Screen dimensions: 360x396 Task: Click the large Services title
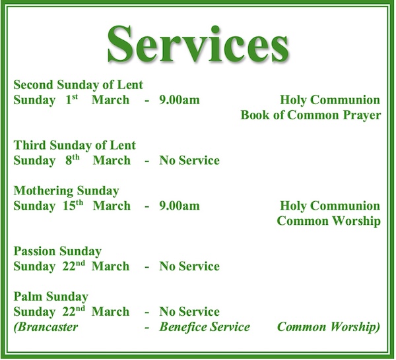click(198, 45)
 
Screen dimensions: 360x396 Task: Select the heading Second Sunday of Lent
click(79, 85)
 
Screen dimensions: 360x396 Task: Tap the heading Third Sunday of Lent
click(75, 146)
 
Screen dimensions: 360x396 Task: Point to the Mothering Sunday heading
click(66, 191)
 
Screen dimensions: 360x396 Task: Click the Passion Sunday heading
click(57, 251)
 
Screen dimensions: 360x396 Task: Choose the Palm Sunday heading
click(51, 297)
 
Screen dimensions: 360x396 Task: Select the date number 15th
click(73, 205)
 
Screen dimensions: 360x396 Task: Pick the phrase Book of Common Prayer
click(310, 115)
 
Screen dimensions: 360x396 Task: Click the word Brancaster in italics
click(46, 327)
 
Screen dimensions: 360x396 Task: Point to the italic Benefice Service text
click(205, 327)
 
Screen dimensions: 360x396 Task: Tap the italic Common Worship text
click(328, 327)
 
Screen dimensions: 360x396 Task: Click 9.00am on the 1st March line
click(179, 100)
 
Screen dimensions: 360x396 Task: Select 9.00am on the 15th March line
click(179, 206)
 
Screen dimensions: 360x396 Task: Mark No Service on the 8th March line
click(189, 161)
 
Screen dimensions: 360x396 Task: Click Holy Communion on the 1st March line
click(330, 100)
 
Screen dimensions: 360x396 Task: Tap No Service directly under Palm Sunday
click(189, 312)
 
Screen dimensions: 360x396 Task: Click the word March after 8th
click(112, 161)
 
